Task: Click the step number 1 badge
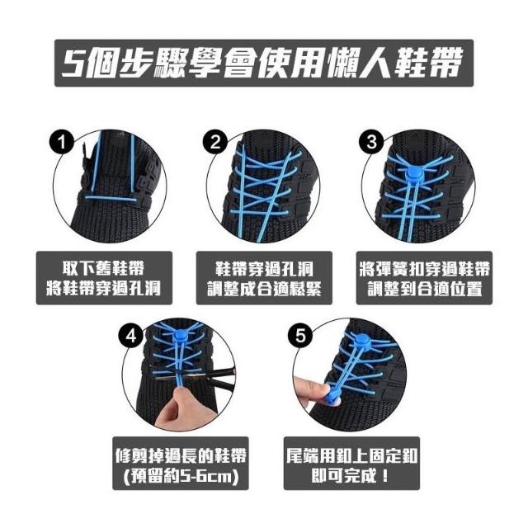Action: (62, 142)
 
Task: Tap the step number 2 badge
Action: (215, 142)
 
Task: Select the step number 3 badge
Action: (371, 142)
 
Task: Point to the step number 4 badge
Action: (131, 336)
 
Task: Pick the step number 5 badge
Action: (300, 336)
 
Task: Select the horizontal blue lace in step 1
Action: (111, 198)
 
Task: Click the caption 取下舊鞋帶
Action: (104, 268)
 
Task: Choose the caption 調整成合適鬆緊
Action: (264, 289)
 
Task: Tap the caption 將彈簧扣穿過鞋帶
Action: (424, 268)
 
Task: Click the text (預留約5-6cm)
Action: (181, 476)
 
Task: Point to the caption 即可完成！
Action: (350, 476)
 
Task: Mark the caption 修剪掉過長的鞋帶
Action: (181, 455)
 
